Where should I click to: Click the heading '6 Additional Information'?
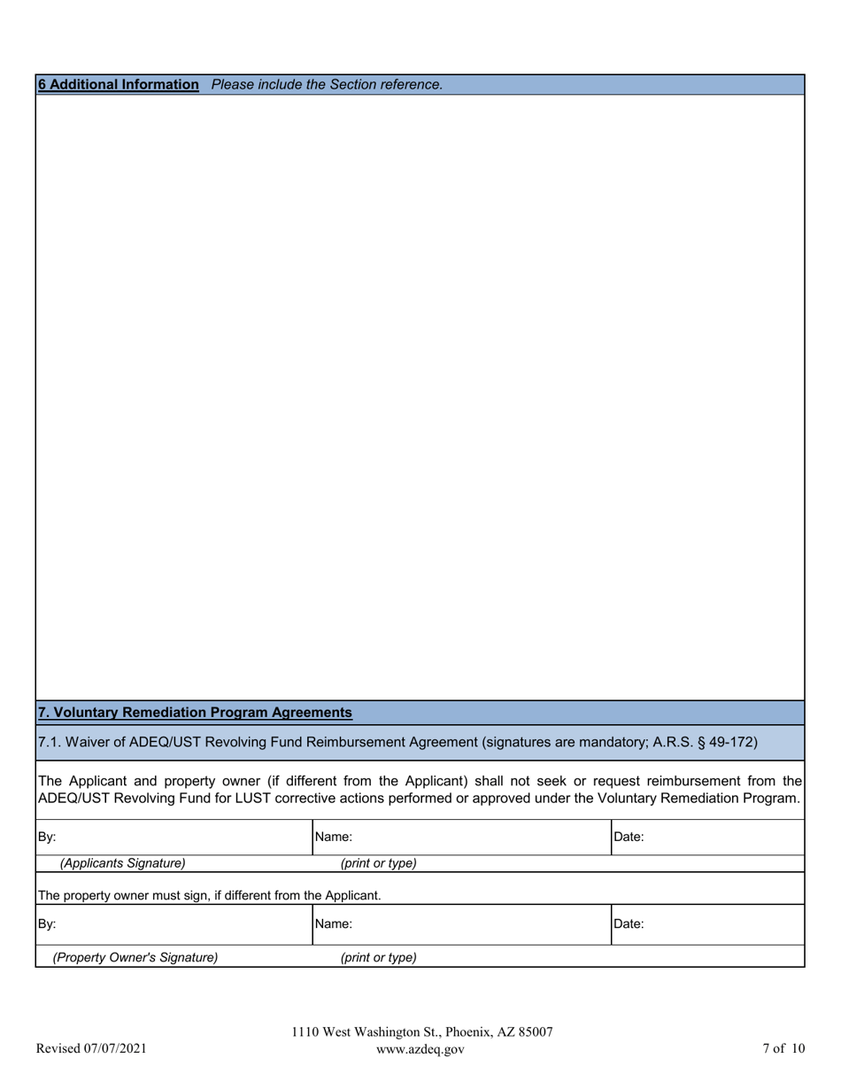(x=118, y=85)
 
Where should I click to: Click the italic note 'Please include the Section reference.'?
(x=327, y=85)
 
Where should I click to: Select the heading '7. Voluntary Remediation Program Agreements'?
(x=195, y=713)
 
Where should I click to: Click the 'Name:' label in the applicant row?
(x=334, y=837)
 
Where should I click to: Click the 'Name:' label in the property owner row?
(x=334, y=924)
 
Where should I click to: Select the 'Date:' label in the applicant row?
(x=629, y=837)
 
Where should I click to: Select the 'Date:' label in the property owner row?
(x=629, y=924)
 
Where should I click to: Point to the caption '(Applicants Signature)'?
(x=123, y=863)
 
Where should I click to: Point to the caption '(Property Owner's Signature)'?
(x=135, y=957)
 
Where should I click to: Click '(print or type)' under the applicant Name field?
(x=378, y=863)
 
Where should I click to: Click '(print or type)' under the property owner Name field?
(x=378, y=957)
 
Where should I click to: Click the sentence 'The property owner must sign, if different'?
(x=209, y=895)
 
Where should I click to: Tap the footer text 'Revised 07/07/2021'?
(x=91, y=1049)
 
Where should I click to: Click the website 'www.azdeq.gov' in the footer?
(x=420, y=1049)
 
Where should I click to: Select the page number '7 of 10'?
(x=783, y=1049)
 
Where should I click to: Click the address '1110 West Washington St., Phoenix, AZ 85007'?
(x=422, y=1032)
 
